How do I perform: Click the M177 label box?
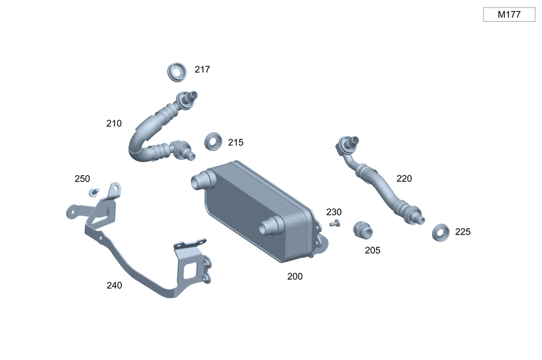coord(509,15)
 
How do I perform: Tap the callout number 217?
coord(202,69)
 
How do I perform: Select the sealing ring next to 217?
coord(177,72)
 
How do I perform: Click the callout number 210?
coord(114,124)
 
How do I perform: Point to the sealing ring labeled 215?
coord(213,142)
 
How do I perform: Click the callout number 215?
coord(236,143)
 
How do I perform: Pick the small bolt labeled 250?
coord(94,192)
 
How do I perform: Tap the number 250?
coord(82,179)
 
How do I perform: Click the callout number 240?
coord(114,285)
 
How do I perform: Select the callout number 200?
coord(295,277)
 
